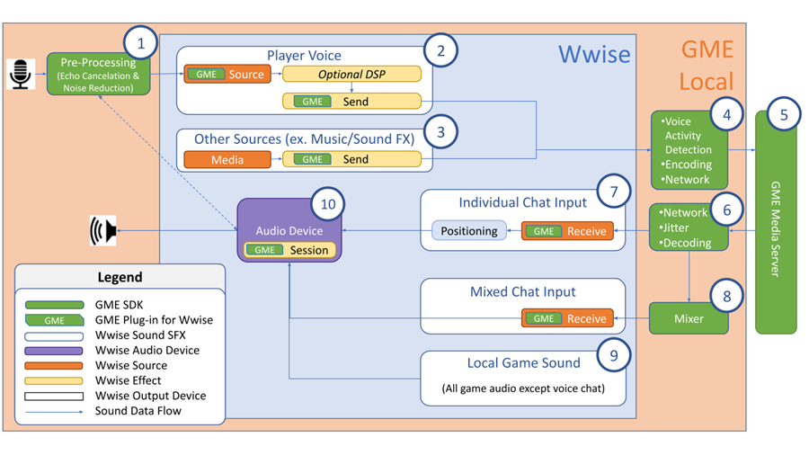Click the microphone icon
(20, 75)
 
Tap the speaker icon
(103, 231)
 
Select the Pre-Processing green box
(98, 75)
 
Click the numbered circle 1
(140, 43)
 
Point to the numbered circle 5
(784, 115)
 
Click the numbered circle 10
(328, 204)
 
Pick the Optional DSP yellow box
(351, 74)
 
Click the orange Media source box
(227, 159)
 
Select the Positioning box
(468, 231)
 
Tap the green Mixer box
(689, 318)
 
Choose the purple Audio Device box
(289, 230)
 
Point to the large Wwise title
(594, 54)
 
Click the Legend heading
(120, 277)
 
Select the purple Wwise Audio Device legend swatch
(55, 351)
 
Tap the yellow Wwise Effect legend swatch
(55, 380)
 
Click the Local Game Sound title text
(523, 363)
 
